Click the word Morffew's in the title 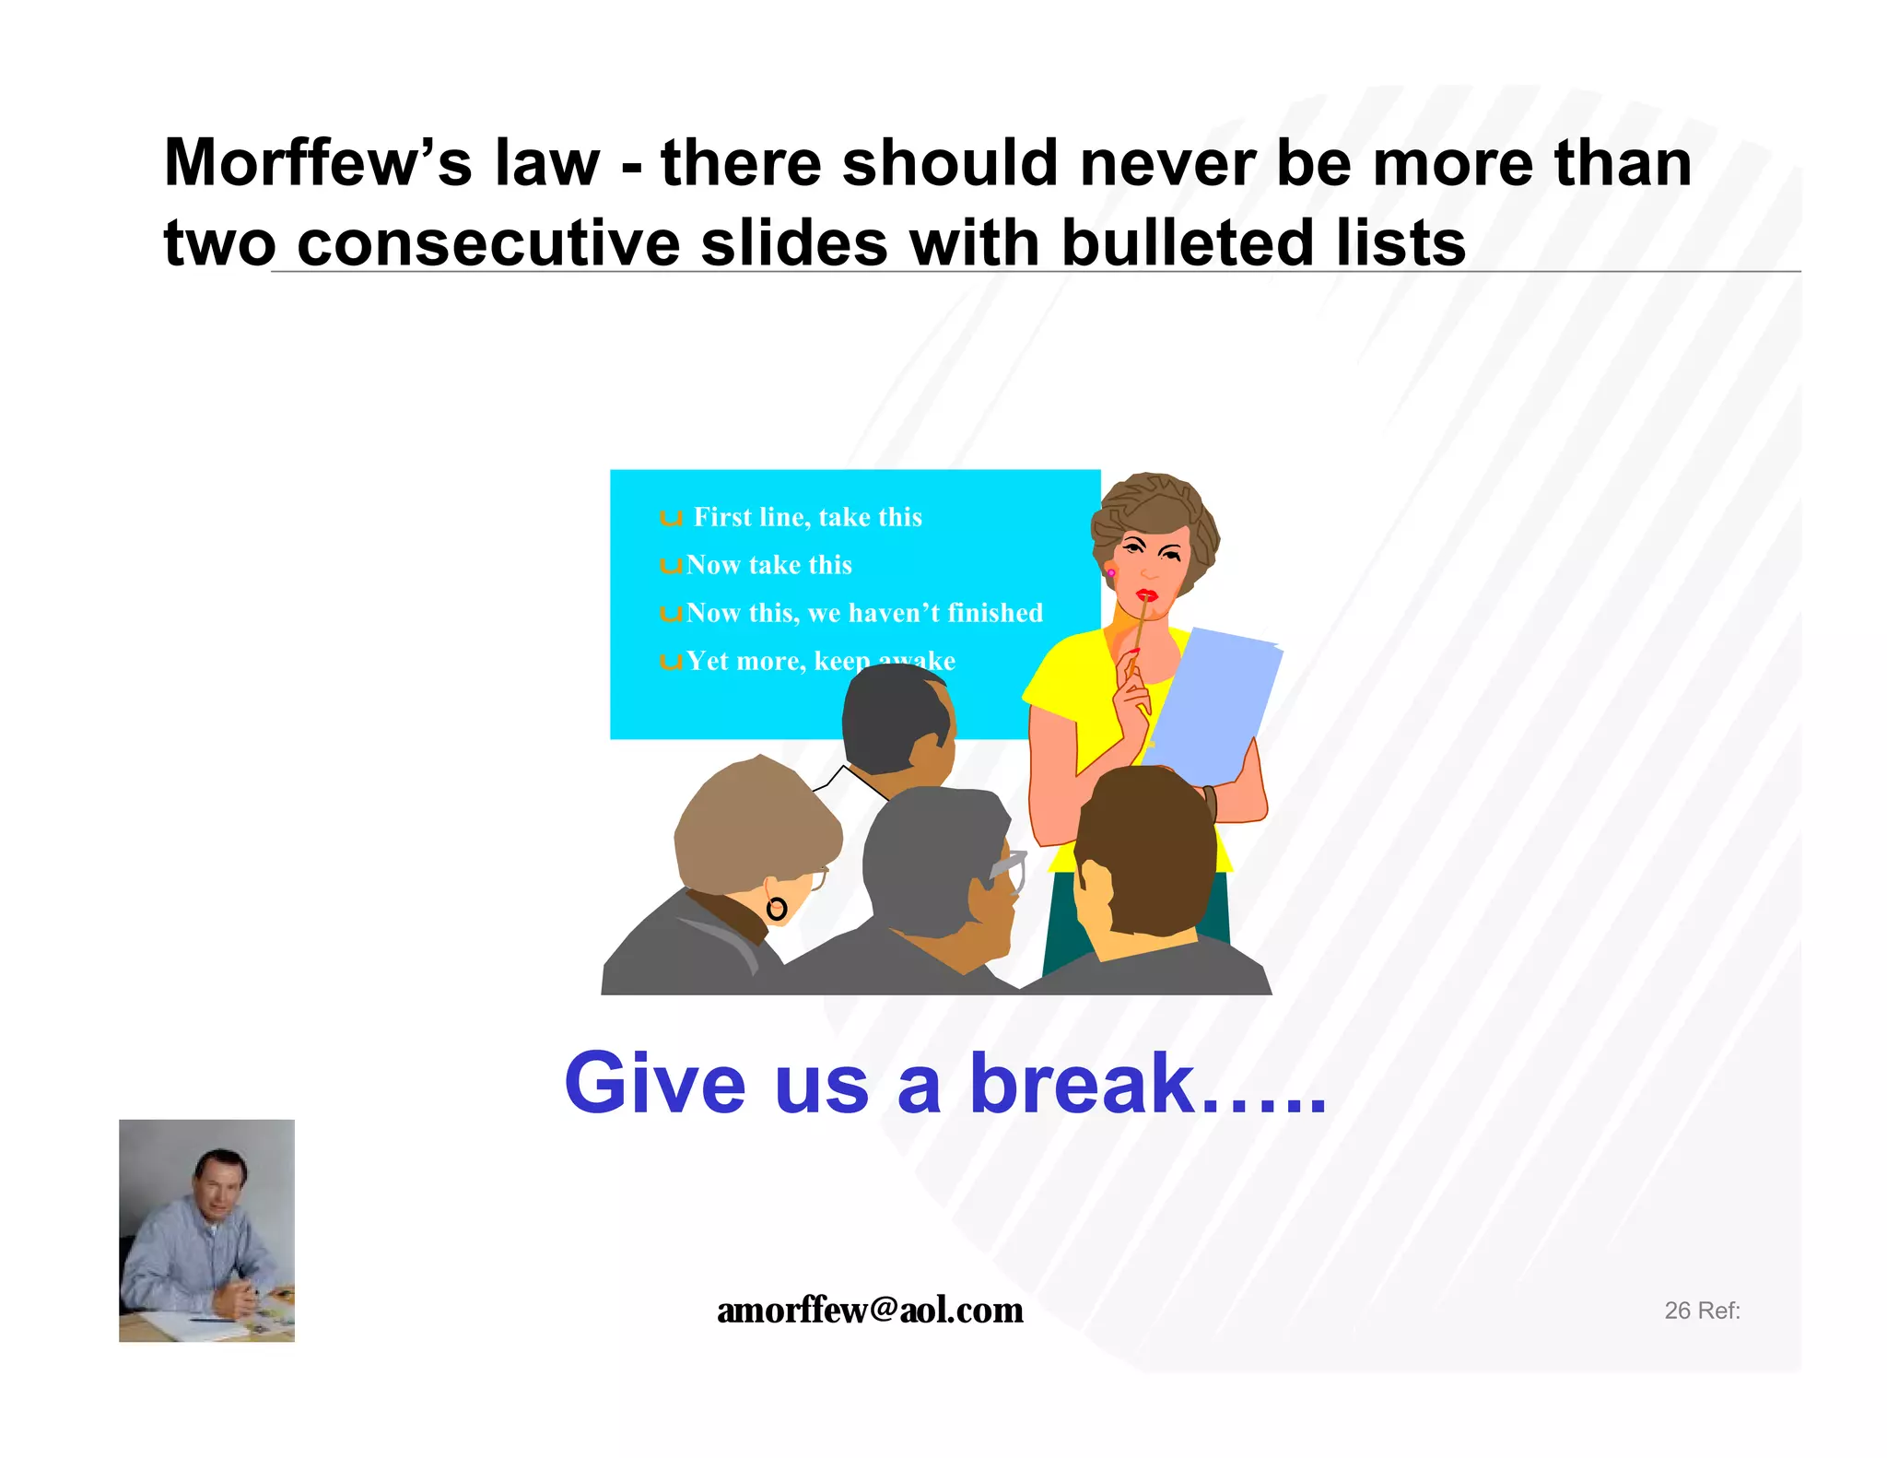pyautogui.click(x=318, y=163)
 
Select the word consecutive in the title pyautogui.click(x=488, y=243)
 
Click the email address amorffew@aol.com pyautogui.click(x=870, y=1310)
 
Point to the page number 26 pyautogui.click(x=1677, y=1311)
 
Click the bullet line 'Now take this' pyautogui.click(x=768, y=565)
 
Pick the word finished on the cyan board pyautogui.click(x=995, y=613)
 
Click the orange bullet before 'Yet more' pyautogui.click(x=670, y=662)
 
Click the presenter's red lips pyautogui.click(x=1146, y=594)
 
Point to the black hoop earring pyautogui.click(x=777, y=910)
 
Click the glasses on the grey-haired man pyautogui.click(x=1009, y=869)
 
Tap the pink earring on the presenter pyautogui.click(x=1111, y=573)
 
